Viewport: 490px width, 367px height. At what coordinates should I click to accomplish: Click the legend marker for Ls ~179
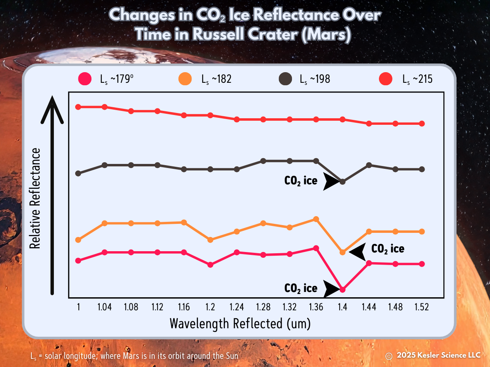[85, 79]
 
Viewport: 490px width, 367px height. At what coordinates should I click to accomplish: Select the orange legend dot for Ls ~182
[185, 79]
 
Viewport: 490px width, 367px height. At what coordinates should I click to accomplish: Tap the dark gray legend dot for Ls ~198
[285, 79]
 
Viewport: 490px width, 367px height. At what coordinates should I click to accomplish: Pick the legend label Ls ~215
[417, 79]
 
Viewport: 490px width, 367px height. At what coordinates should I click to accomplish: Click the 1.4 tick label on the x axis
[342, 307]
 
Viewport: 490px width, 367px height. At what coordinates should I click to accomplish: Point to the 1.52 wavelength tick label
[421, 307]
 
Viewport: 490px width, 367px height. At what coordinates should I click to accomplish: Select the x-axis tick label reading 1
[78, 307]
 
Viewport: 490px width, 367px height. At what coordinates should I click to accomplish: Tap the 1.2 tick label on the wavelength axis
[210, 307]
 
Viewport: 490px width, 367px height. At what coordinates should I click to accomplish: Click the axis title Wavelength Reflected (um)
[240, 323]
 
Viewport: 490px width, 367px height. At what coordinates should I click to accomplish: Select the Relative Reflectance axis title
[36, 199]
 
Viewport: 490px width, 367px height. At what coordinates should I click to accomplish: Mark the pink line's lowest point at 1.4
[343, 290]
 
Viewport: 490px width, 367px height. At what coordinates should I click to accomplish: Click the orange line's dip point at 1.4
[343, 252]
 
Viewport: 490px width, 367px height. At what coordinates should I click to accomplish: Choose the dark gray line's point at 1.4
[343, 181]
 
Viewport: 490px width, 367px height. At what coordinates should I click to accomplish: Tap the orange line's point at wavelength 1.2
[210, 240]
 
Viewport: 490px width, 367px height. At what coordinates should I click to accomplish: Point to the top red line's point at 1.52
[422, 124]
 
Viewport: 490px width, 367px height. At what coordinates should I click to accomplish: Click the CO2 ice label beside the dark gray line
[301, 181]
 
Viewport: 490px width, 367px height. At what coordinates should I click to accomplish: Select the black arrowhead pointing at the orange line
[359, 252]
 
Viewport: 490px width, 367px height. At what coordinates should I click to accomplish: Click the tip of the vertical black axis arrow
[52, 99]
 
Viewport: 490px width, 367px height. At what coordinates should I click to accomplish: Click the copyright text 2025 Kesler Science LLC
[438, 355]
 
